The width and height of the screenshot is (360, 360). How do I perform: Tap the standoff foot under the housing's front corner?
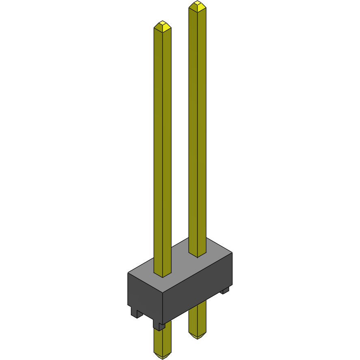(159, 325)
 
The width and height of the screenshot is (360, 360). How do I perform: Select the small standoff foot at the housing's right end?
(225, 290)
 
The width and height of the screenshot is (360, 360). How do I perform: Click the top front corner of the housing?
(163, 293)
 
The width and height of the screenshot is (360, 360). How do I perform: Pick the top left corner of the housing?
(128, 273)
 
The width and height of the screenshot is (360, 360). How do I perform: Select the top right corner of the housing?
(232, 253)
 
